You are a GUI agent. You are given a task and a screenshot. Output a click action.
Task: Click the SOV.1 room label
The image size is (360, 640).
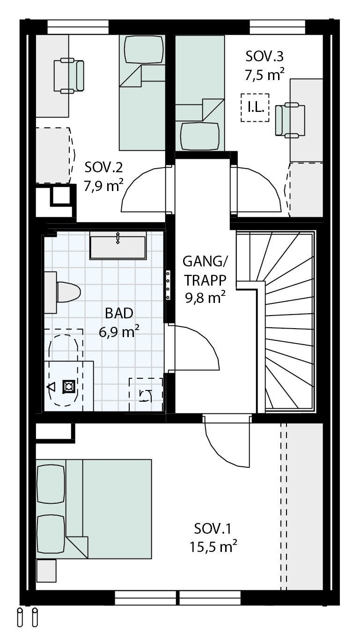tap(213, 529)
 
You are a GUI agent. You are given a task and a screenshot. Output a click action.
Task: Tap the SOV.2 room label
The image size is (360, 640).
tap(103, 168)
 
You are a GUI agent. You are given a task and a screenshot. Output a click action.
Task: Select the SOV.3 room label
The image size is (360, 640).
tap(264, 57)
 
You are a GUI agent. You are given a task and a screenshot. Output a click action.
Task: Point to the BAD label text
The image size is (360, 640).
tap(119, 313)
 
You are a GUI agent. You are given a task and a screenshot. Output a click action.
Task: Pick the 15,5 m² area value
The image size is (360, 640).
tap(213, 546)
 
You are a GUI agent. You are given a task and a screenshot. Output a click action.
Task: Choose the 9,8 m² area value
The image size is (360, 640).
tap(205, 297)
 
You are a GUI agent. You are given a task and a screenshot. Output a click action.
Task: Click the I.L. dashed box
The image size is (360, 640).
tap(255, 108)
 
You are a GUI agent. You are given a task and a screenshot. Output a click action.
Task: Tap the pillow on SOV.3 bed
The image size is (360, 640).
tap(200, 135)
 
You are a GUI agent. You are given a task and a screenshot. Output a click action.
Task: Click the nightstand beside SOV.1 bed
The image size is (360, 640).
tap(46, 571)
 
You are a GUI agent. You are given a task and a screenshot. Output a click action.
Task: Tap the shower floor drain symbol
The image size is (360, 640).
tap(69, 386)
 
